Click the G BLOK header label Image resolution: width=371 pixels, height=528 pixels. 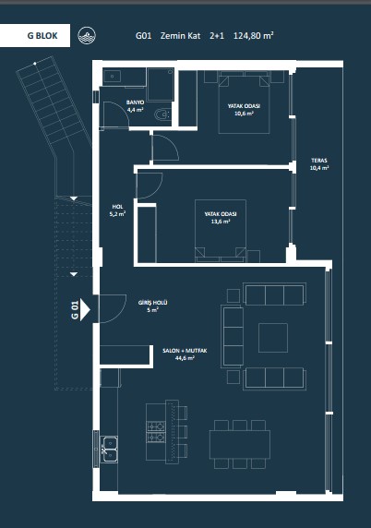coord(42,36)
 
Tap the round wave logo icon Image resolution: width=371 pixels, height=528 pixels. coord(87,35)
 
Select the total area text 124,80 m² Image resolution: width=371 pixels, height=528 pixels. coord(253,35)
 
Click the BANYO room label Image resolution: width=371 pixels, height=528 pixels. coord(135,102)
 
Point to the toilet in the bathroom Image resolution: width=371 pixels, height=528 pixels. coord(162,115)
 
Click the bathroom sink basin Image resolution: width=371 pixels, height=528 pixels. coord(112,77)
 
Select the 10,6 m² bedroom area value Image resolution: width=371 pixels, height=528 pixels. coord(244,114)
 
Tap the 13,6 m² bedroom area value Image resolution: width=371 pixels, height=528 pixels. coord(221,222)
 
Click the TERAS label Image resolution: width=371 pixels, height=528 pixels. coord(319,161)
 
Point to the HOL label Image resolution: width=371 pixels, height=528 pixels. coord(117,207)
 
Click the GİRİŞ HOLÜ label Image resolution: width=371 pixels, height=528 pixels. coord(153,303)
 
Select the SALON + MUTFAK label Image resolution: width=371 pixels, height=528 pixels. coord(185,351)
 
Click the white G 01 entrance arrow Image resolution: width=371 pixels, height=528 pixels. coord(85,309)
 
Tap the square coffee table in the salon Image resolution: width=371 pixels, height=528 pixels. coord(273,338)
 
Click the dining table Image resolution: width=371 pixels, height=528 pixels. coord(240,445)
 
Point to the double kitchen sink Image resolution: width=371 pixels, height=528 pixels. coord(110,450)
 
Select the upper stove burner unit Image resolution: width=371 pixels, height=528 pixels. coord(156,426)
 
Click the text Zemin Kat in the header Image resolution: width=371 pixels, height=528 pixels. coord(180,36)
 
